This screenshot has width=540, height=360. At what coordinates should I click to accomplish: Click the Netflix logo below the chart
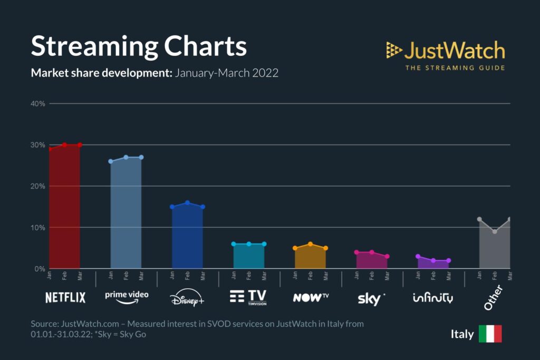[65, 297]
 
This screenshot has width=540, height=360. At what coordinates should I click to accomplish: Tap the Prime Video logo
[127, 297]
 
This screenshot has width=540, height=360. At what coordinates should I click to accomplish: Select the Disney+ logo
[187, 298]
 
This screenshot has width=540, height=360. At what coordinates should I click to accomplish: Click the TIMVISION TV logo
[248, 297]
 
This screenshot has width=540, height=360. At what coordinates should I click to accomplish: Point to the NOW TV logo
[311, 297]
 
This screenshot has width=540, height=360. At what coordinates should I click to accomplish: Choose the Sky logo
[371, 298]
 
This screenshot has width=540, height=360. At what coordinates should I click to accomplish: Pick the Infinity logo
[432, 298]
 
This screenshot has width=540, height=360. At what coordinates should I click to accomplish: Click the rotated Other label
[494, 298]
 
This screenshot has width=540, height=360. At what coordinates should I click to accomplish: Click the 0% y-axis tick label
[40, 269]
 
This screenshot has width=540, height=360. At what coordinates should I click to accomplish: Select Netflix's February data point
[64, 144]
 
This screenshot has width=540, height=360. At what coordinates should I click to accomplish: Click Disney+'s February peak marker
[187, 203]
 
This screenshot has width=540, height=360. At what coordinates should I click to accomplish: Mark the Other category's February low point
[494, 231]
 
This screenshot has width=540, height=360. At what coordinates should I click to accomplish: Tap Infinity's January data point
[418, 256]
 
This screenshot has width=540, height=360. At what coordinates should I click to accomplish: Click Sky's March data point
[387, 256]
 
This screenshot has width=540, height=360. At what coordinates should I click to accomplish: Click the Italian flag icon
[490, 334]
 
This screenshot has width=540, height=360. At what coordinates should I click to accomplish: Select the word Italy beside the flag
[462, 334]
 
